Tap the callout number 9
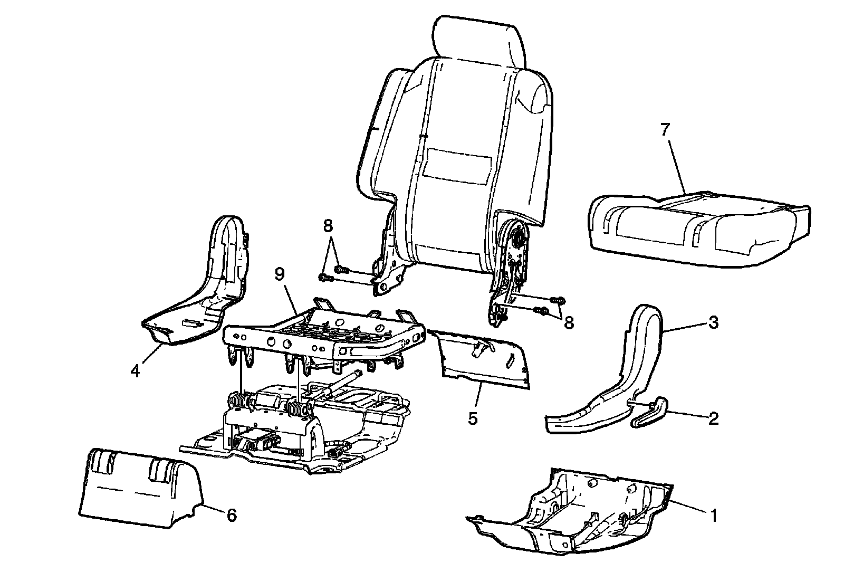click(280, 274)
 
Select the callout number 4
click(136, 371)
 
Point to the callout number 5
click(473, 419)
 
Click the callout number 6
click(231, 515)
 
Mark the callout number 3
click(713, 322)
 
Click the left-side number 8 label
click(328, 226)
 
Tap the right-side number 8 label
click(569, 322)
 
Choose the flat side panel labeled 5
click(483, 359)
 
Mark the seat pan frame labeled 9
click(327, 332)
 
